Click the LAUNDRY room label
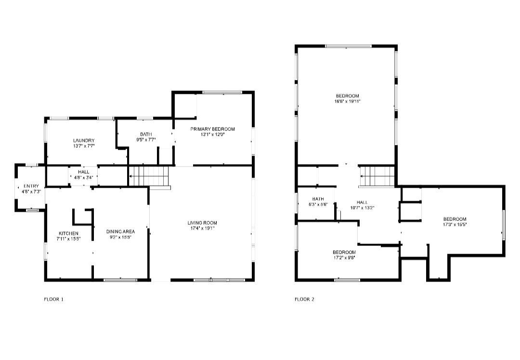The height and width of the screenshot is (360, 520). (x=84, y=141)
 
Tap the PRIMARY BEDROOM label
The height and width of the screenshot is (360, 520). (x=213, y=129)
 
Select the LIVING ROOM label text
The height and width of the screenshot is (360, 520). (x=202, y=223)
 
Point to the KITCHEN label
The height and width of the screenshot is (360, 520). (x=69, y=233)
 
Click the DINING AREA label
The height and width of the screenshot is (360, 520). (x=121, y=231)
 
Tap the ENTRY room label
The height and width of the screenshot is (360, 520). (x=31, y=186)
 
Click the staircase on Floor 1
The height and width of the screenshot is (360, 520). (x=149, y=176)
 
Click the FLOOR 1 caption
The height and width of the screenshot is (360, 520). (x=54, y=299)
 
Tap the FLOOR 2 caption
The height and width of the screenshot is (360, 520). (x=304, y=299)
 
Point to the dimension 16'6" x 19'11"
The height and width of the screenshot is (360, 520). (x=348, y=102)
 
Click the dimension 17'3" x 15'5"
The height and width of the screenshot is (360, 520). (x=455, y=224)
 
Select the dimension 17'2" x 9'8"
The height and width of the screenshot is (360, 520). (x=344, y=257)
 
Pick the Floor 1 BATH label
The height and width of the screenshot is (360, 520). (x=146, y=134)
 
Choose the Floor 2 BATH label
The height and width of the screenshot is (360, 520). (x=318, y=199)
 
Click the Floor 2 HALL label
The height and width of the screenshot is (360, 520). (x=362, y=202)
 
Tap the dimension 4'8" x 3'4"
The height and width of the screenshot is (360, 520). (x=84, y=177)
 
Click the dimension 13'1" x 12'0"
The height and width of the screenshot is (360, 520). (x=213, y=135)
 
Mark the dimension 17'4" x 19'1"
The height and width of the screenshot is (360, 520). (x=202, y=229)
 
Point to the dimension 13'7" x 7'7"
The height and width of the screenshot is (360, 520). (x=84, y=146)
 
